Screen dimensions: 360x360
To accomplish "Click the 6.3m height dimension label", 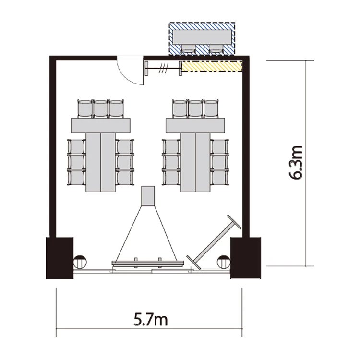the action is point(295,163).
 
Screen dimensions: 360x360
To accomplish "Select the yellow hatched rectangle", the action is point(212,66).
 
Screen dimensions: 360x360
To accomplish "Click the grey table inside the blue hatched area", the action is point(202,37).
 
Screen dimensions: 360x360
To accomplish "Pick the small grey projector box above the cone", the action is point(148,196).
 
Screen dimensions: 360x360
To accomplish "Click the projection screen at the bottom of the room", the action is point(148,263).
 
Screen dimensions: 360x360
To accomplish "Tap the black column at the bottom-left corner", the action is point(60,258).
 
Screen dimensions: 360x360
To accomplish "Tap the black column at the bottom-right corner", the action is point(246,258).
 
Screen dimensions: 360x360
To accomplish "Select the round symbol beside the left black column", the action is point(80,262).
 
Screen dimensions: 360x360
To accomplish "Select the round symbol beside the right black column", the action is point(224,262).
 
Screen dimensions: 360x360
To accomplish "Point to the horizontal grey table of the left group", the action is point(101,125).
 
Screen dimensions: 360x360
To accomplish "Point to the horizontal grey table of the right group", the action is point(195,125).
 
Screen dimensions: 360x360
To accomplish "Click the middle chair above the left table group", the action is point(101,108).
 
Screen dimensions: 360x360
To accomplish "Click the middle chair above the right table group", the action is point(195,108).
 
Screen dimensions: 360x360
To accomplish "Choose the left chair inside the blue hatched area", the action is point(188,48).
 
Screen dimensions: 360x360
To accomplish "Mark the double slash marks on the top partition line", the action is point(164,69).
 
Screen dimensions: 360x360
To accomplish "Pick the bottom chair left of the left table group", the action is point(76,178).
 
